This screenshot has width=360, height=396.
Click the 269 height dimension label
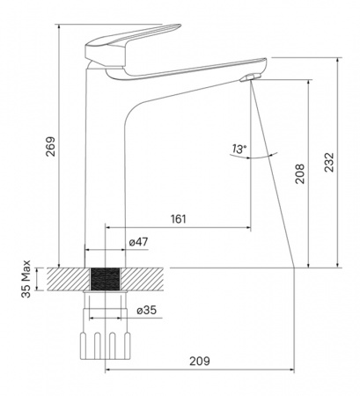pyautogui.click(x=50, y=146)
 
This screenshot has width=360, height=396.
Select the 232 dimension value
pyautogui.click(x=329, y=162)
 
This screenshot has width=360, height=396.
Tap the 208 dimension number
pyautogui.click(x=300, y=174)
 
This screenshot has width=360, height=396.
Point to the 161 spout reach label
pyautogui.click(x=179, y=219)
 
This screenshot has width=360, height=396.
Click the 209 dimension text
pyautogui.click(x=200, y=361)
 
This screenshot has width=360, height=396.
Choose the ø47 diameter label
pyautogui.click(x=138, y=242)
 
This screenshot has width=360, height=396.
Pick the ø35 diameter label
pyautogui.click(x=147, y=310)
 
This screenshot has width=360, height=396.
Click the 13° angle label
pyautogui.click(x=239, y=149)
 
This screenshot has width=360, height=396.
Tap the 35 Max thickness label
pyautogui.click(x=26, y=279)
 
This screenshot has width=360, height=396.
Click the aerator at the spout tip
pyautogui.click(x=249, y=77)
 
